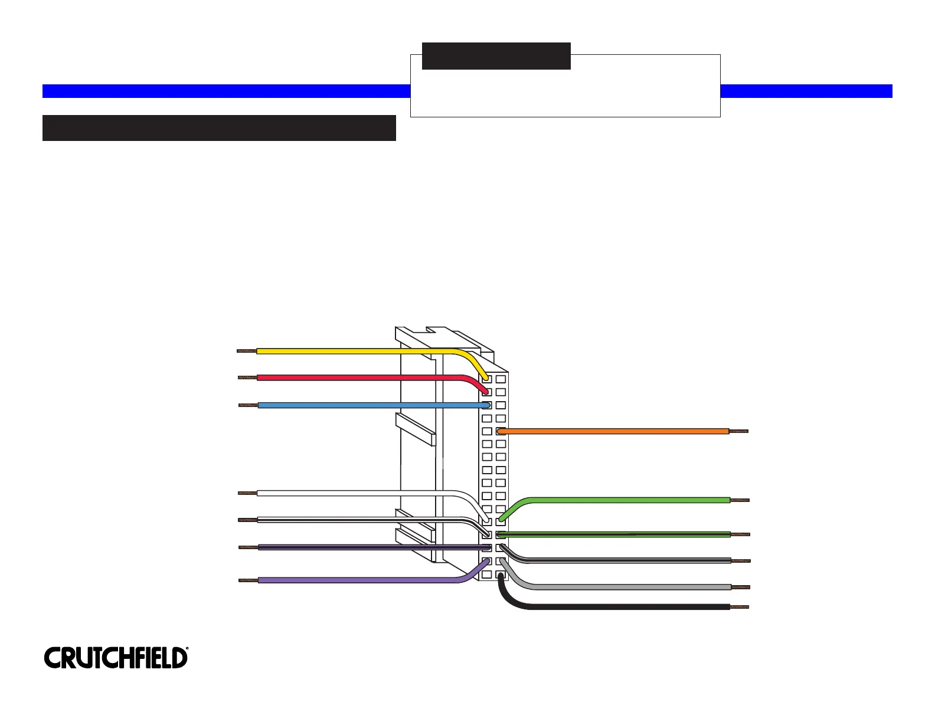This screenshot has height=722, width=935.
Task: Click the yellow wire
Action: [x=354, y=351]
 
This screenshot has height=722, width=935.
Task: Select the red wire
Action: [x=354, y=378]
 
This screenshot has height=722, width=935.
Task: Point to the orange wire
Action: [x=614, y=431]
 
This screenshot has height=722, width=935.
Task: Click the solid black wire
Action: [x=626, y=606]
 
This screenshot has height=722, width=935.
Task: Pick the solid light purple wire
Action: [x=354, y=580]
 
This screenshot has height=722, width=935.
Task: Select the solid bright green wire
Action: [x=626, y=500]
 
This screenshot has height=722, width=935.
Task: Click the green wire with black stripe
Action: [x=626, y=534]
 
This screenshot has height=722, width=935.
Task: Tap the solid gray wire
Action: [x=626, y=587]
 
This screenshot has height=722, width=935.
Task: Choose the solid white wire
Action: [x=354, y=493]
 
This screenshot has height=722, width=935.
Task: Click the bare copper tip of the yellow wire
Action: [x=246, y=351]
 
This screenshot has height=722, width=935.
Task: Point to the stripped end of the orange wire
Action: [x=739, y=431]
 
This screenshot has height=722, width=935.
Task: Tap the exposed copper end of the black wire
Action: [x=740, y=607]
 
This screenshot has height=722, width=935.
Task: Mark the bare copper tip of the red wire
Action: [x=247, y=378]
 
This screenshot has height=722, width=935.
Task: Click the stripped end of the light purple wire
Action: [x=249, y=580]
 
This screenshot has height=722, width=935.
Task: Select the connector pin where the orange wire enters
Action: [x=501, y=431]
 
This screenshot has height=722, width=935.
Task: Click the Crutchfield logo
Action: [x=116, y=658]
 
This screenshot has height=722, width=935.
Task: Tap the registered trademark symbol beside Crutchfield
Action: [x=187, y=649]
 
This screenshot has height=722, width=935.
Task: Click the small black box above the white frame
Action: [x=496, y=56]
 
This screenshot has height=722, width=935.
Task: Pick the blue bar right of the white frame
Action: [x=806, y=91]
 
